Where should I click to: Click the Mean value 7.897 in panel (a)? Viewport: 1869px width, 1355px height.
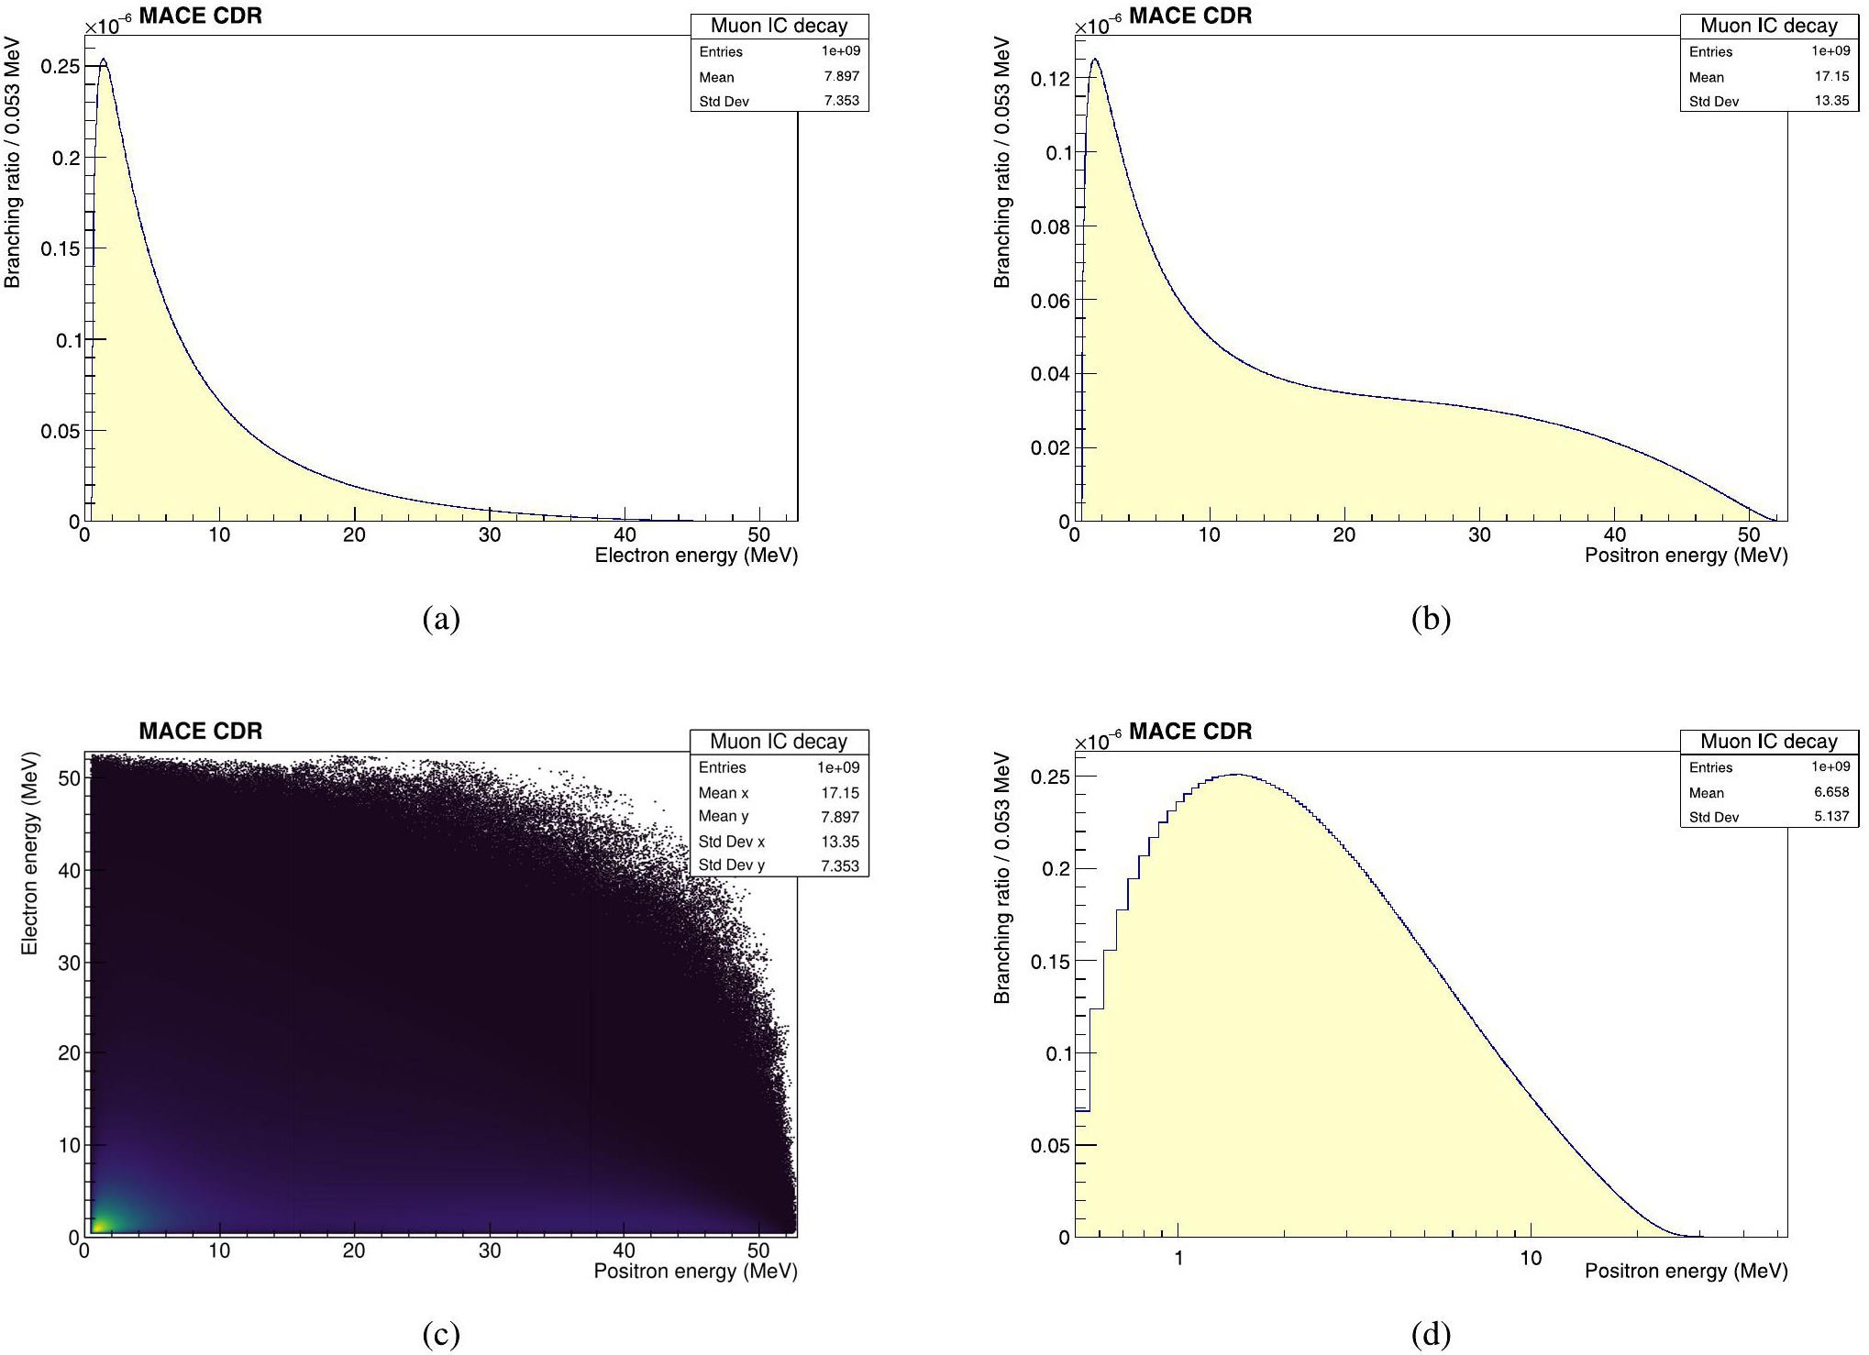841,76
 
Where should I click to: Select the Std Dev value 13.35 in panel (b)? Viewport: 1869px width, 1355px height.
1831,101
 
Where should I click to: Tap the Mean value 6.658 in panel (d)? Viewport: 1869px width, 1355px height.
1831,792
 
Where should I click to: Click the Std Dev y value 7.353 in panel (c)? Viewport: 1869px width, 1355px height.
839,865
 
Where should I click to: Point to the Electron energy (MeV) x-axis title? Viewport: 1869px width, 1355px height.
696,555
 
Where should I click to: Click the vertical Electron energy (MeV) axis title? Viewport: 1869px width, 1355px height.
29,853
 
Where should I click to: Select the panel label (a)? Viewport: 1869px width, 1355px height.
441,620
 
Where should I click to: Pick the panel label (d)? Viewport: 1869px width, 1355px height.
1431,1335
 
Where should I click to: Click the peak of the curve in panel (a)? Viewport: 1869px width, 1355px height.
104,61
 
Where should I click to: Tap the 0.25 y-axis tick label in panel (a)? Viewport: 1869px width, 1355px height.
61,66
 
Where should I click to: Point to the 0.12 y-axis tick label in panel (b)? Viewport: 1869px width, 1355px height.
1050,79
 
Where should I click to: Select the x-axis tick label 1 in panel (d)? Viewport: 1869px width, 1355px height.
1178,1258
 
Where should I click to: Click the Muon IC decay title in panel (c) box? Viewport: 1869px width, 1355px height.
779,741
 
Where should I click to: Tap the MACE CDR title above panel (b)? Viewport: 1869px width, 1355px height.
1189,16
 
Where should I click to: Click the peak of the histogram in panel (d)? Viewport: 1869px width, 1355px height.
1236,775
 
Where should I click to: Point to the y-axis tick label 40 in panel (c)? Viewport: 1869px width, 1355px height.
70,870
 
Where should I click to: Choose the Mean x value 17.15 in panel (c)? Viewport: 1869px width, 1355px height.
839,793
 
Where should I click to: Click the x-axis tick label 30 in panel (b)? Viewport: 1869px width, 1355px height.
1479,534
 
